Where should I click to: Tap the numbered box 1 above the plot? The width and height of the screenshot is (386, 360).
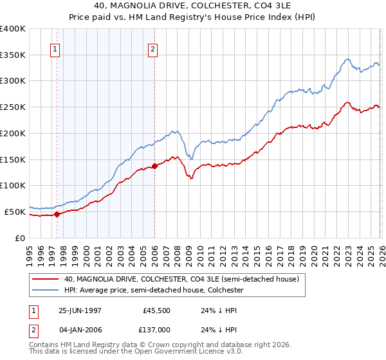pos(55,49)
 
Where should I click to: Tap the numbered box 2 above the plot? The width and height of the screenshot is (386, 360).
pos(153,49)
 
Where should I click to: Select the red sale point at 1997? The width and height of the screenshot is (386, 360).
pos(57,214)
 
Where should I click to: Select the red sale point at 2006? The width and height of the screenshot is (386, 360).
pos(154,166)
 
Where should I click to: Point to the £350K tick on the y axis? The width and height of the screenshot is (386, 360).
pos(13,55)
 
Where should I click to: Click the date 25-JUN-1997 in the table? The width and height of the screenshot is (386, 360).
pos(80,310)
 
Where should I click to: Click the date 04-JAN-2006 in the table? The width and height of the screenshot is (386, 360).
pos(80,330)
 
